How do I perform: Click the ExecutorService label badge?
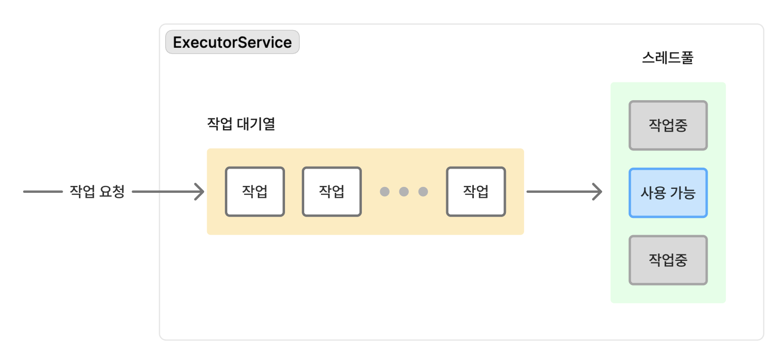[x=232, y=42]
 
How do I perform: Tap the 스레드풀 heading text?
[x=668, y=58]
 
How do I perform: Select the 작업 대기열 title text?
[x=241, y=124]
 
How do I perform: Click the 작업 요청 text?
[x=97, y=191]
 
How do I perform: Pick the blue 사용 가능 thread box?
[x=668, y=193]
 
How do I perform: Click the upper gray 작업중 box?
[x=668, y=125]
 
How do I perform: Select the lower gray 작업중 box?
[x=668, y=260]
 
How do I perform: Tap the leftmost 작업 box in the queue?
[x=254, y=191]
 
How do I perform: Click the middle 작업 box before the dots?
[x=331, y=191]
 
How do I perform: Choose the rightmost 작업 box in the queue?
[x=476, y=191]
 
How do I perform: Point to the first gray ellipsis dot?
[x=385, y=191]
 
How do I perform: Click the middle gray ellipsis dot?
[x=404, y=191]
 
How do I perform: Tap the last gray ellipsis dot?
[x=423, y=191]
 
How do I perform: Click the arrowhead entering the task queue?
[x=200, y=191]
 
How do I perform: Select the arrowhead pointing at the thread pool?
[x=598, y=191]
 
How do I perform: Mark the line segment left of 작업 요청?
[x=43, y=191]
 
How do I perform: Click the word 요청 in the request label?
[x=112, y=191]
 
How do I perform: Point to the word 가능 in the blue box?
[x=682, y=193]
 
